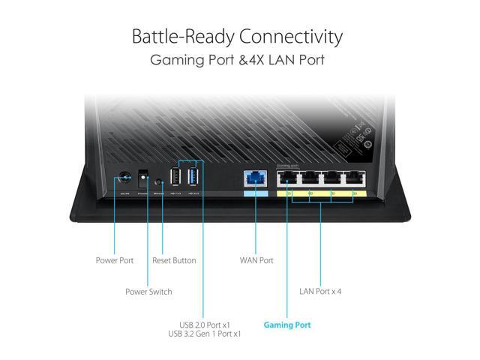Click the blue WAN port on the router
pos(256,179)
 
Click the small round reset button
pos(158,181)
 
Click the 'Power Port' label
pos(115,260)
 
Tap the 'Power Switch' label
pos(148,292)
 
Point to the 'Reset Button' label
pos(174,260)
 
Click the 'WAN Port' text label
pos(256,260)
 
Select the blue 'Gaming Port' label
pos(287,325)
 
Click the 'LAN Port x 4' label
pos(321,292)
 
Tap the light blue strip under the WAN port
pos(256,194)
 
